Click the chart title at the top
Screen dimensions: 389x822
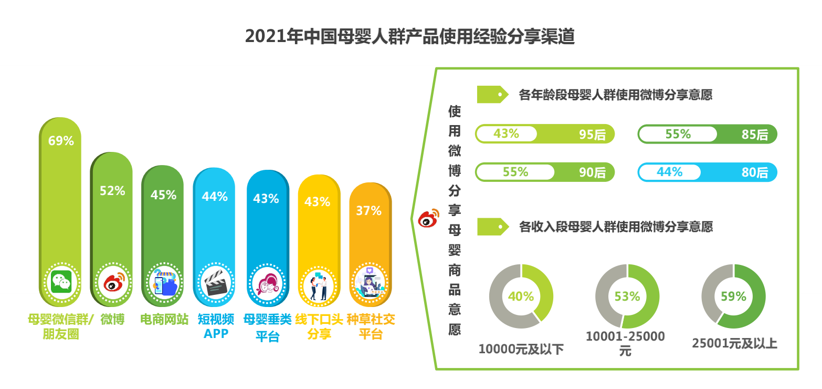click(410, 37)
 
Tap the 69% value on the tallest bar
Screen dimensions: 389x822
click(61, 141)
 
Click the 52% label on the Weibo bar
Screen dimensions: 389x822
click(112, 191)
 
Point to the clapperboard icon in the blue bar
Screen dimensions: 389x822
click(214, 284)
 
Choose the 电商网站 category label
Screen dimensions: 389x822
click(164, 319)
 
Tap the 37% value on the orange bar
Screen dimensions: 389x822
click(368, 211)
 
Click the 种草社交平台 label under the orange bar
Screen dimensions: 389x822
click(371, 326)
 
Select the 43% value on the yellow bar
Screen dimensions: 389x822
click(318, 201)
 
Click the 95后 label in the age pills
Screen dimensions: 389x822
click(592, 135)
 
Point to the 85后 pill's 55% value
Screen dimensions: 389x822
click(678, 134)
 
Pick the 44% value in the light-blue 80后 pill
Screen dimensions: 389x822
click(669, 171)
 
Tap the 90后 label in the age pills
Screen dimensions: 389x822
click(592, 172)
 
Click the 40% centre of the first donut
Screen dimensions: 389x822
click(521, 296)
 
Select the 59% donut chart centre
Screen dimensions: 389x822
click(733, 296)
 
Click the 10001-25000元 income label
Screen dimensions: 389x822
click(625, 343)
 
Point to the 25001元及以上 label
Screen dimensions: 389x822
click(734, 344)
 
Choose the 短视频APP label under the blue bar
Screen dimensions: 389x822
click(216, 326)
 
